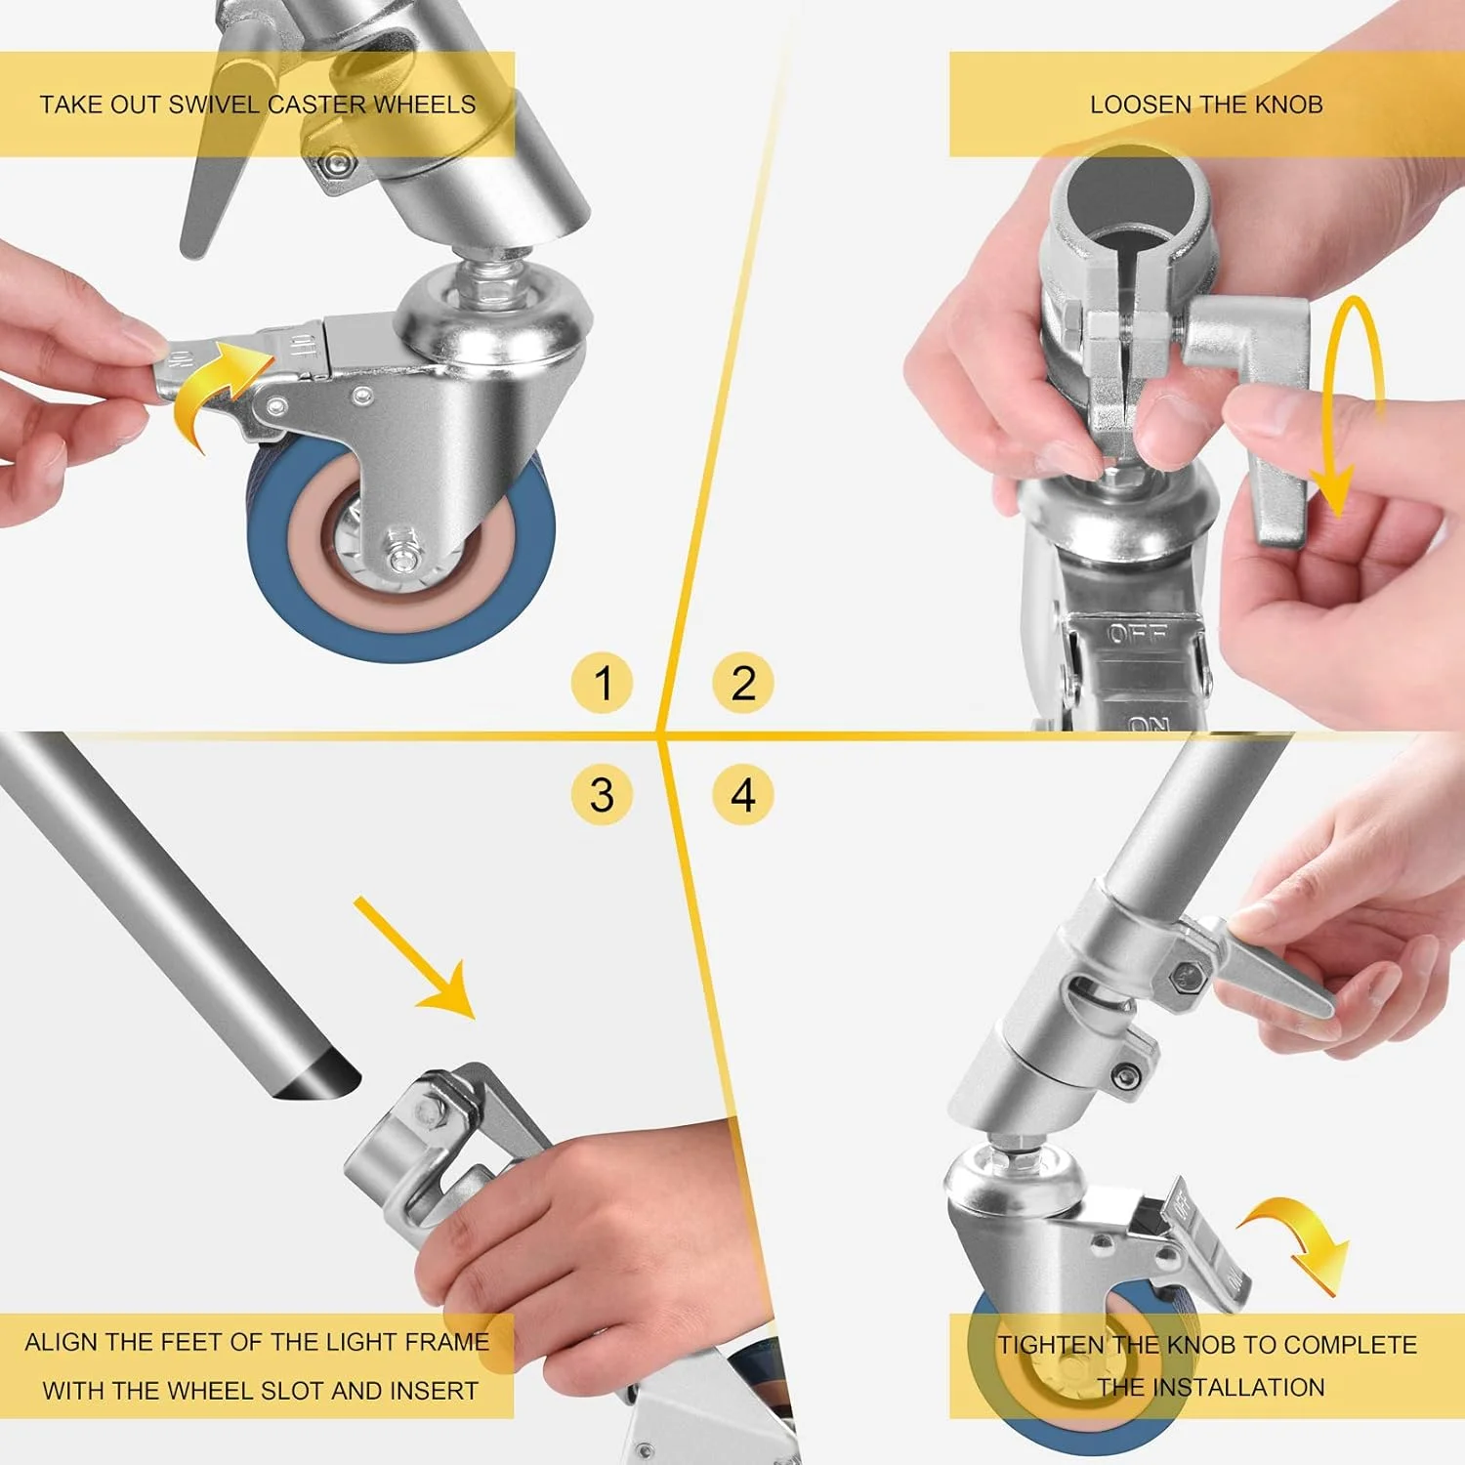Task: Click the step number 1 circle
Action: coord(603,682)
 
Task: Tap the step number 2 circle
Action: coord(742,682)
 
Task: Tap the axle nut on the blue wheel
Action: coord(401,558)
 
